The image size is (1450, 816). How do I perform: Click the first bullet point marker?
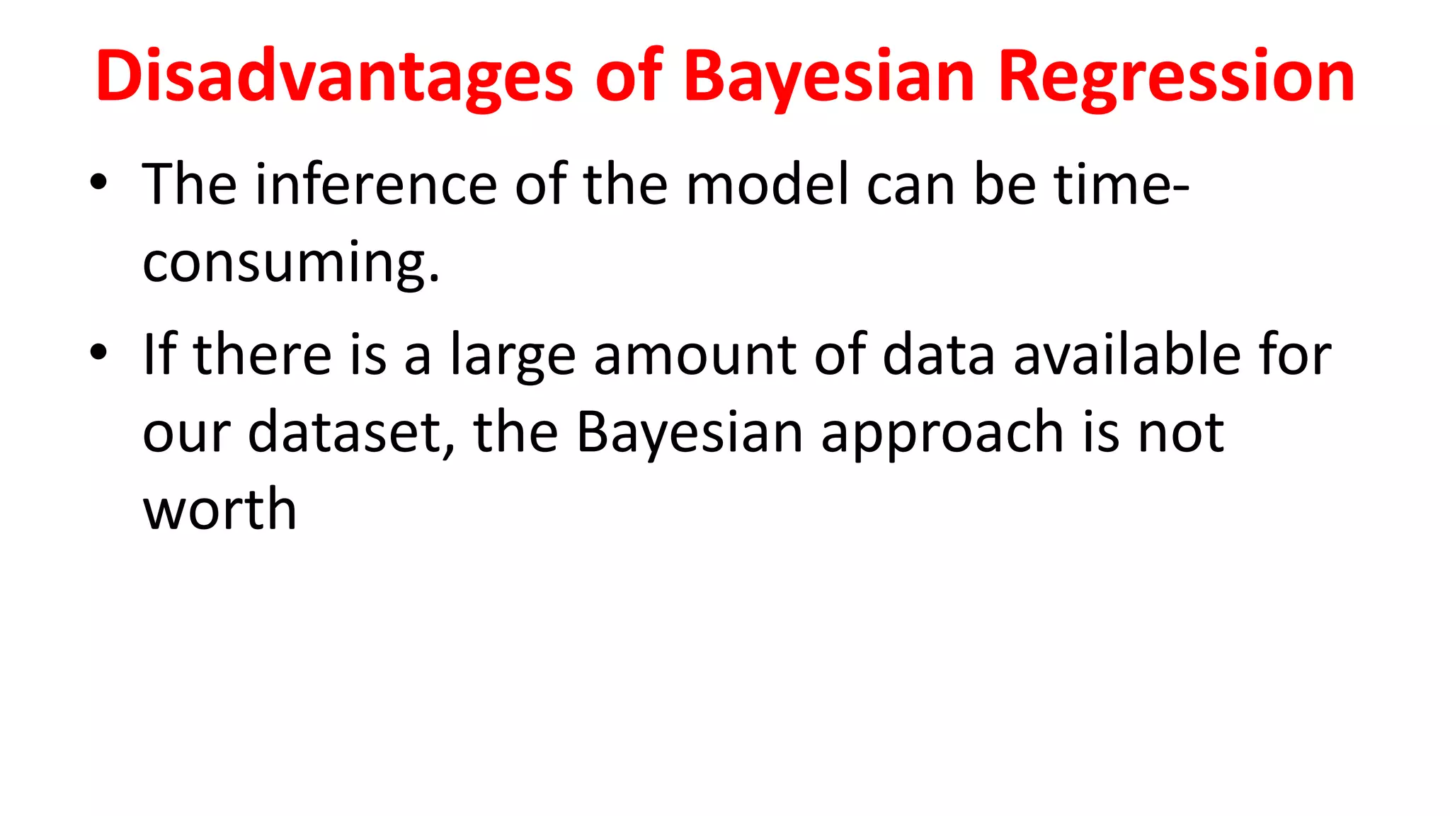click(x=98, y=182)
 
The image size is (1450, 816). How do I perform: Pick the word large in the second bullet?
click(x=513, y=356)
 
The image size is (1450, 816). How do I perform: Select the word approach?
click(x=942, y=433)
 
